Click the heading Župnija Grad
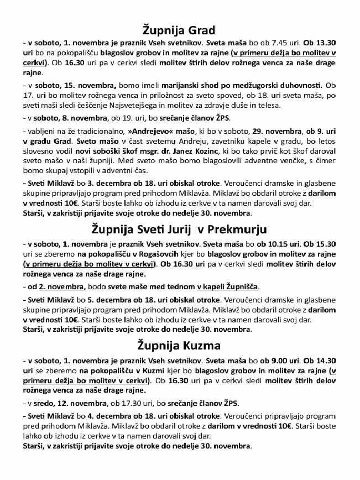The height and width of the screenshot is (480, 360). [179, 29]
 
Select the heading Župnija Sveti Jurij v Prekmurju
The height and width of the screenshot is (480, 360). [180, 229]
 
